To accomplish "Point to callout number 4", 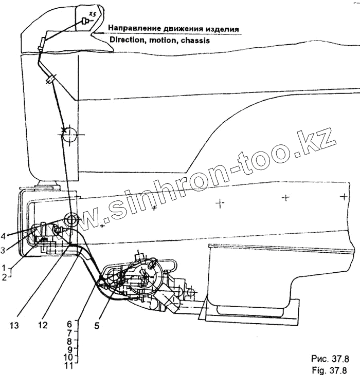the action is pyautogui.click(x=4, y=237).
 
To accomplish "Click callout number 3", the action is pyautogui.click(x=4, y=250).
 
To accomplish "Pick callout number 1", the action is pyautogui.click(x=4, y=268).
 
